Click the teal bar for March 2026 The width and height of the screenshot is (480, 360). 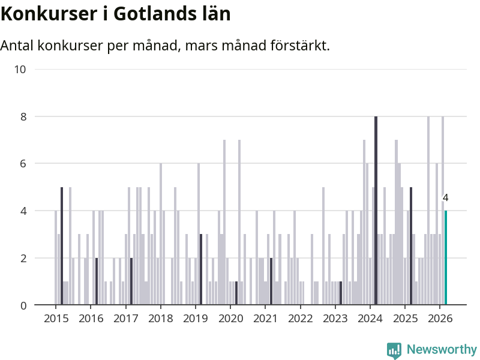(446, 258)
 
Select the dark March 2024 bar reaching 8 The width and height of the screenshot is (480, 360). (376, 211)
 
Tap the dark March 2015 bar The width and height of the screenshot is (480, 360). (62, 246)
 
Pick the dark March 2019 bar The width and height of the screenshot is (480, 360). (201, 269)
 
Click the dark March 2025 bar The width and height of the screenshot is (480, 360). (411, 246)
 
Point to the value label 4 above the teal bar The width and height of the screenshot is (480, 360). (445, 198)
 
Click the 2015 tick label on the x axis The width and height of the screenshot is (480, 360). (56, 318)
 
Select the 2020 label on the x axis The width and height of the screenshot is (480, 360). (230, 318)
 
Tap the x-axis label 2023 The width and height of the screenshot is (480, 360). (335, 318)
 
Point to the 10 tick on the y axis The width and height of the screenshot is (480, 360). (20, 70)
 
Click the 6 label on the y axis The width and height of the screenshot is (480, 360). (23, 164)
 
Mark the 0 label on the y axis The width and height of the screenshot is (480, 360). (23, 306)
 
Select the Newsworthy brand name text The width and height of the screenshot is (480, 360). (442, 349)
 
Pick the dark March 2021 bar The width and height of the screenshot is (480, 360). (271, 281)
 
